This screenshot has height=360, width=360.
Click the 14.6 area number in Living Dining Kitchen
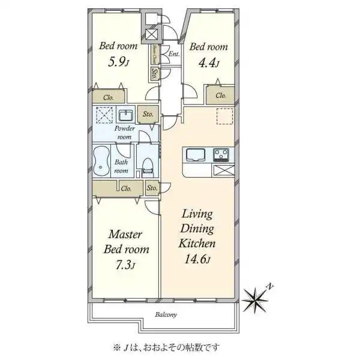195,259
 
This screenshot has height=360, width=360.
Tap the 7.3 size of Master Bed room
123,266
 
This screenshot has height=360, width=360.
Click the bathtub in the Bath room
103,160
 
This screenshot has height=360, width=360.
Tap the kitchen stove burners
221,155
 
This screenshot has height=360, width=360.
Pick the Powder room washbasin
126,115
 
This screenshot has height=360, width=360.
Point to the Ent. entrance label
174,55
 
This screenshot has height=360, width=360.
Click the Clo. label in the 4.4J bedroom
220,95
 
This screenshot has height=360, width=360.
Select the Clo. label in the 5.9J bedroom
109,97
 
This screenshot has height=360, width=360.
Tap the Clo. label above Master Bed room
125,188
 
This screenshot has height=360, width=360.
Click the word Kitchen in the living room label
196,243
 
